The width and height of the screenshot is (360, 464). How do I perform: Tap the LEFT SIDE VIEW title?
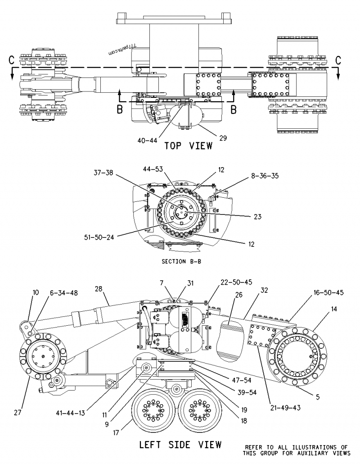pyautogui.click(x=180, y=445)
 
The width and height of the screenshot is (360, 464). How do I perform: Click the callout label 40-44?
pyautogui.click(x=148, y=140)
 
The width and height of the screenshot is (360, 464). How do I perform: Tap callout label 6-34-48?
pyautogui.click(x=63, y=293)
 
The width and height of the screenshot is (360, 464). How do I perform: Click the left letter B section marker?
pyautogui.click(x=119, y=109)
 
